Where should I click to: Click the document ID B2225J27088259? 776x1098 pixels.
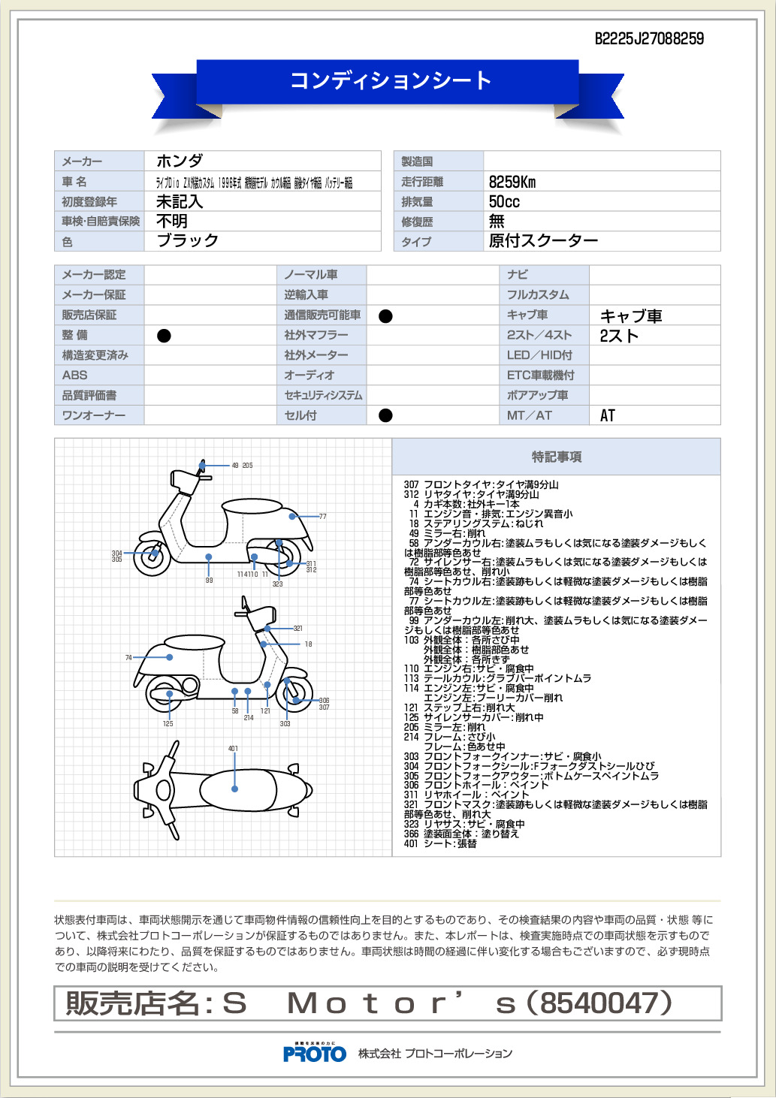coord(649,39)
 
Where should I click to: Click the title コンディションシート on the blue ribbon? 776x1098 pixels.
coord(391,80)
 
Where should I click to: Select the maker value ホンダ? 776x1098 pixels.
coord(180,161)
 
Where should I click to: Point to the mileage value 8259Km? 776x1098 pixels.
coord(512,182)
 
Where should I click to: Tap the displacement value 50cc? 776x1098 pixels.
coord(504,201)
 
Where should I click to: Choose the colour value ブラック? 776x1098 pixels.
coord(187,240)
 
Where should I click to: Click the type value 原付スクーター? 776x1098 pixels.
coord(543,240)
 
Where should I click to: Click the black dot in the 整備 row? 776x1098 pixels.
coord(164,336)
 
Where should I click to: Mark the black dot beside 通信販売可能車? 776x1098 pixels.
coord(385,316)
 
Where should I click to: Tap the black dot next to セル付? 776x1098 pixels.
coord(385,415)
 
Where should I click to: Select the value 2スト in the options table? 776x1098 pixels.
coord(619,336)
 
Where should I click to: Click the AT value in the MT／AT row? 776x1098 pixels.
coord(608,415)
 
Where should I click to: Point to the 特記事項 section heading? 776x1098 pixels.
coord(557,457)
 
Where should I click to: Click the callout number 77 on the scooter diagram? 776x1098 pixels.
coord(323,517)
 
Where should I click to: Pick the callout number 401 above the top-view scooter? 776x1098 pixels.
coord(233,749)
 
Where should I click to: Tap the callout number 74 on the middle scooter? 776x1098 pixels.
coord(128,658)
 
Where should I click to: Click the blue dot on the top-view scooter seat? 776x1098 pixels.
coord(234,789)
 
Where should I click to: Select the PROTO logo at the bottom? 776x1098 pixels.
coord(315,1054)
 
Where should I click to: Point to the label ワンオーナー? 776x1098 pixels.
coord(94,415)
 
